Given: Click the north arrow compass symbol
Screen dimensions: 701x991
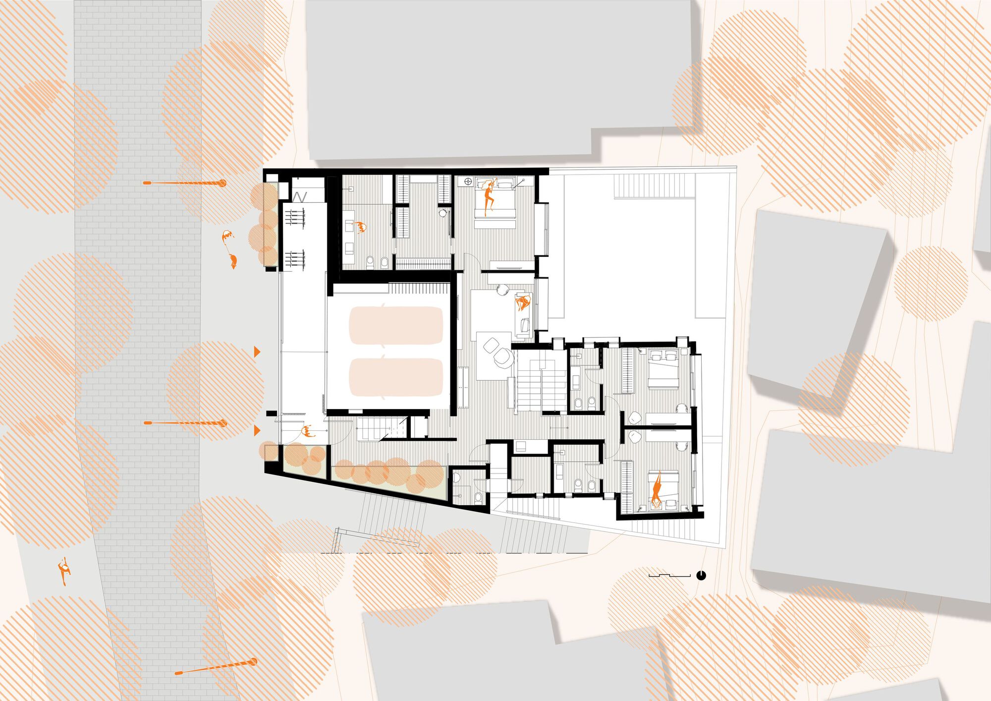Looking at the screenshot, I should tap(701, 575).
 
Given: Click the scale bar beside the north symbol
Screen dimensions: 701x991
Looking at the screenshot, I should tap(669, 575).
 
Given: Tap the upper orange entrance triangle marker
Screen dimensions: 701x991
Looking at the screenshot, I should tap(257, 351).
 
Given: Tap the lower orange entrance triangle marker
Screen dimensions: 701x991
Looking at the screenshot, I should tap(257, 430).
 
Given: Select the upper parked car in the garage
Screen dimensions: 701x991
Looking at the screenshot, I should tap(396, 325).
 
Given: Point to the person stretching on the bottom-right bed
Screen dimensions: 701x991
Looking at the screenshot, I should tap(657, 488).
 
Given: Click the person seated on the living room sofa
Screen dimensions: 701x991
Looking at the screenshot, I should tap(522, 302).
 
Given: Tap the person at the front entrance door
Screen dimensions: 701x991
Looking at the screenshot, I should tap(308, 431).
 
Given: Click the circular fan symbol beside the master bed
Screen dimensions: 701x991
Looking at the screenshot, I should tap(468, 181).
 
